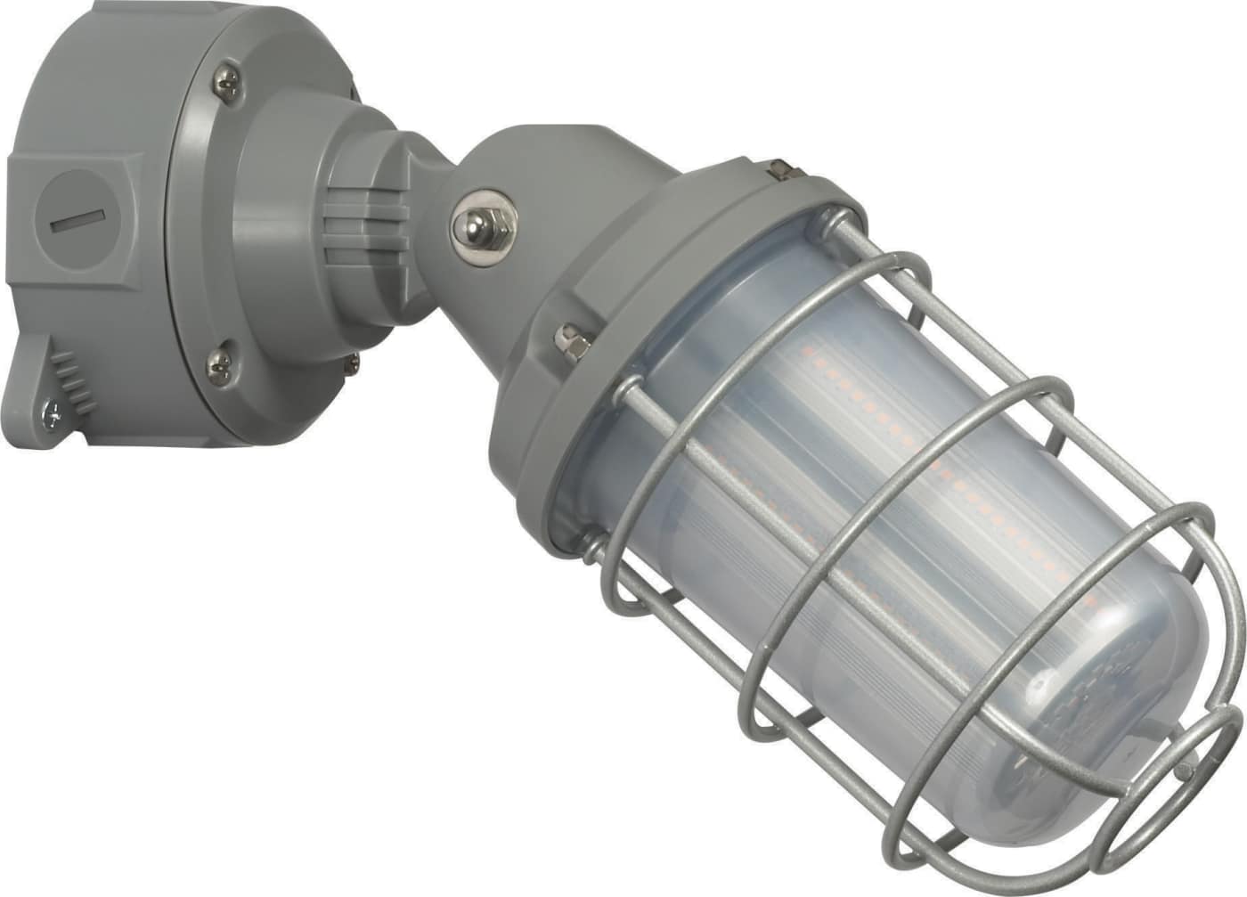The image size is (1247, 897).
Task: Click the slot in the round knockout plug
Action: [x=78, y=220]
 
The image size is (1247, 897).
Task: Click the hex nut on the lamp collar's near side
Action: [x=569, y=338]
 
